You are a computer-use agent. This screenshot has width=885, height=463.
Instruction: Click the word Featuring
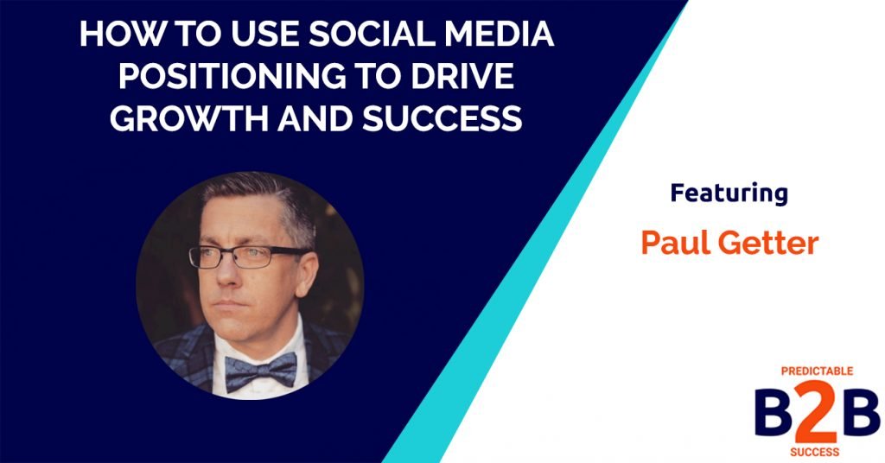click(x=729, y=193)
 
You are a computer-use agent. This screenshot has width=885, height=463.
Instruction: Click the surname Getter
click(x=769, y=243)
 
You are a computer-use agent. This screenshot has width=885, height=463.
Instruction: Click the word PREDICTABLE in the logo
click(x=817, y=371)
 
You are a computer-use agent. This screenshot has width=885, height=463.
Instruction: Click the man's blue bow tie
click(x=259, y=371)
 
